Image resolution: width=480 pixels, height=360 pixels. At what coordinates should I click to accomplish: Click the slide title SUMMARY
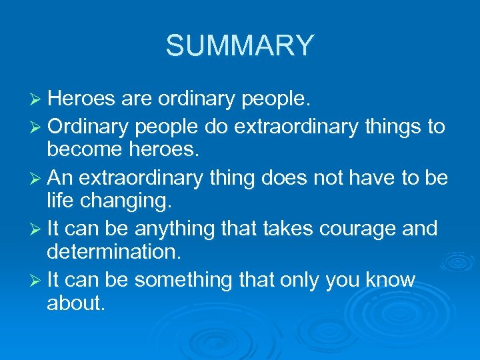click(239, 45)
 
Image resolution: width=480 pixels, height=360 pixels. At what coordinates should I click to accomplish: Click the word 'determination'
click(113, 253)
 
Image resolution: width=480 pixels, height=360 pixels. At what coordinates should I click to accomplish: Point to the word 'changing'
click(117, 202)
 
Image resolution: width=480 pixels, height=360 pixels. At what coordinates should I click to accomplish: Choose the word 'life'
click(58, 201)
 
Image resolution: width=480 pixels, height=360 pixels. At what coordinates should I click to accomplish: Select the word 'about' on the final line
click(75, 303)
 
